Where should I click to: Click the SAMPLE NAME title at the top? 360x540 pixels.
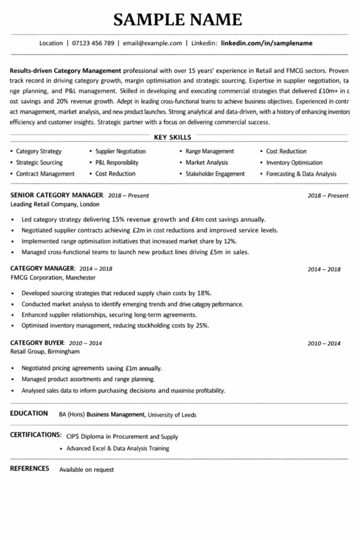178,20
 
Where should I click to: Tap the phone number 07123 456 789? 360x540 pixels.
93,43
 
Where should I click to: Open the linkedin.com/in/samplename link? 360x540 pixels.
267,43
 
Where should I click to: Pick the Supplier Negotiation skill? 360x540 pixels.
120,151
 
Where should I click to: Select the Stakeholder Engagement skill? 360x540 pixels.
215,173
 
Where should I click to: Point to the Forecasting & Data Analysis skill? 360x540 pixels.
301,173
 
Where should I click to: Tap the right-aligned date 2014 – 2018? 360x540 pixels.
324,269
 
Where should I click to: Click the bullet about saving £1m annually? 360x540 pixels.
92,368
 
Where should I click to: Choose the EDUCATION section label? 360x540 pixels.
29,413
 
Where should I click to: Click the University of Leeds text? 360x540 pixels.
172,415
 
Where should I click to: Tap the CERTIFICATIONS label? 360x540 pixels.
36,435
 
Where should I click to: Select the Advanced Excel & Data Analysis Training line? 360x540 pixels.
118,449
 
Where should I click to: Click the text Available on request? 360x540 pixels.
86,469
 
